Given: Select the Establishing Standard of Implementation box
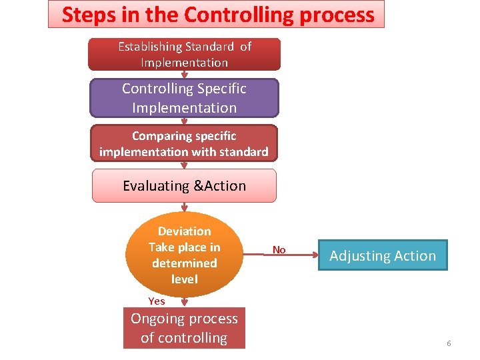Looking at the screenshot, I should click(184, 55).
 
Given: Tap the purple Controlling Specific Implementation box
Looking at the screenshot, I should click(184, 98).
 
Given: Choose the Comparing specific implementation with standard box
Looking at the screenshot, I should click(184, 143).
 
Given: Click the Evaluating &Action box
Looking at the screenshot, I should click(184, 186).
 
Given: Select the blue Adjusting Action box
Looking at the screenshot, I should click(383, 255).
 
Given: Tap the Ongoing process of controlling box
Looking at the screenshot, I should click(184, 328).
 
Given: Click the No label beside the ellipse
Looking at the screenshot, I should click(279, 250).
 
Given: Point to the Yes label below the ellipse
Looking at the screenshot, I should click(157, 301).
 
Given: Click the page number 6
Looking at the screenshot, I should click(449, 343).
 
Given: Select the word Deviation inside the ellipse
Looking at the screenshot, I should click(184, 231).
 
